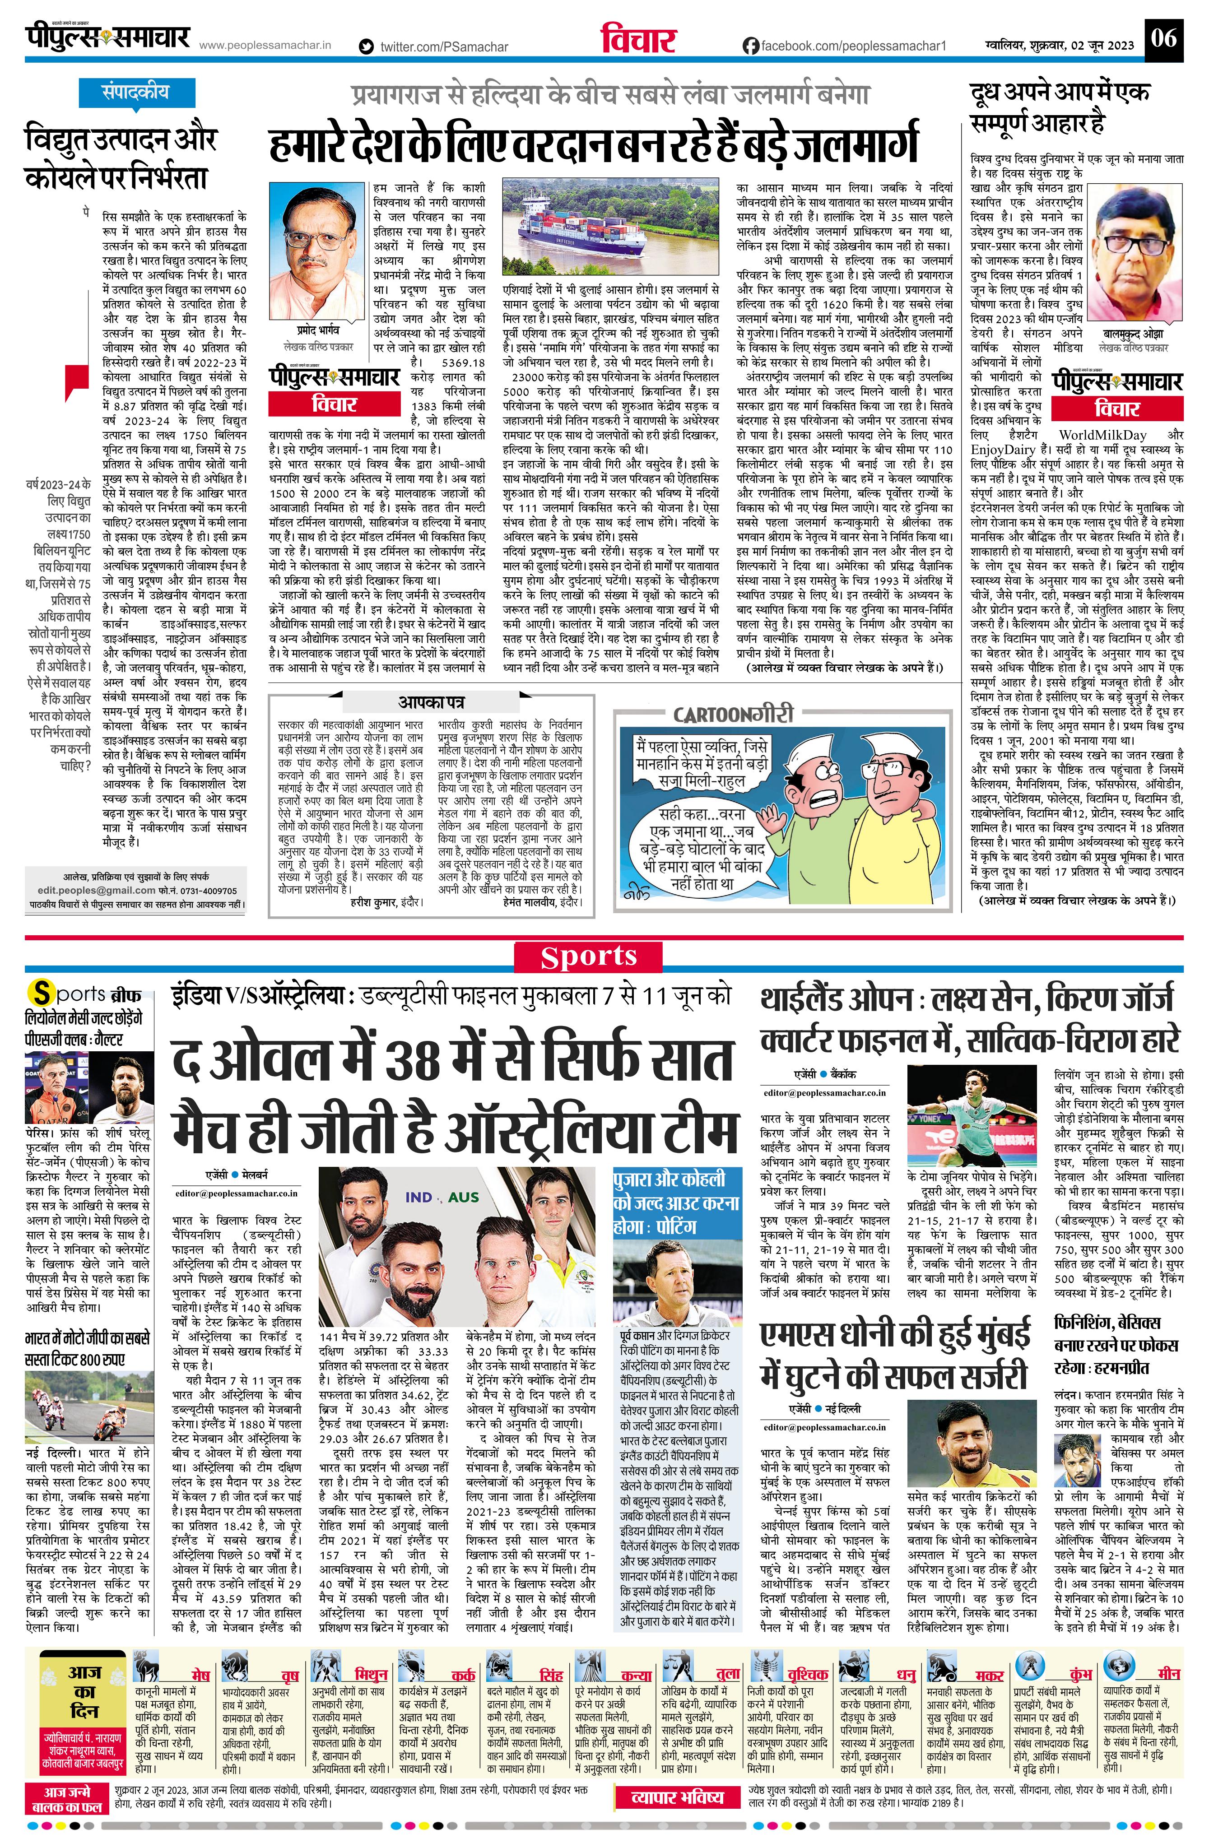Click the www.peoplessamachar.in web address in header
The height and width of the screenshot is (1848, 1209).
(x=265, y=45)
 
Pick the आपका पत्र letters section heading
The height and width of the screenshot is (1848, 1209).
(x=431, y=702)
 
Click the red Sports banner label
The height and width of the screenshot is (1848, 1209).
(x=589, y=957)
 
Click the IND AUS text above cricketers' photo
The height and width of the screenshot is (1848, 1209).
(x=442, y=1197)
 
